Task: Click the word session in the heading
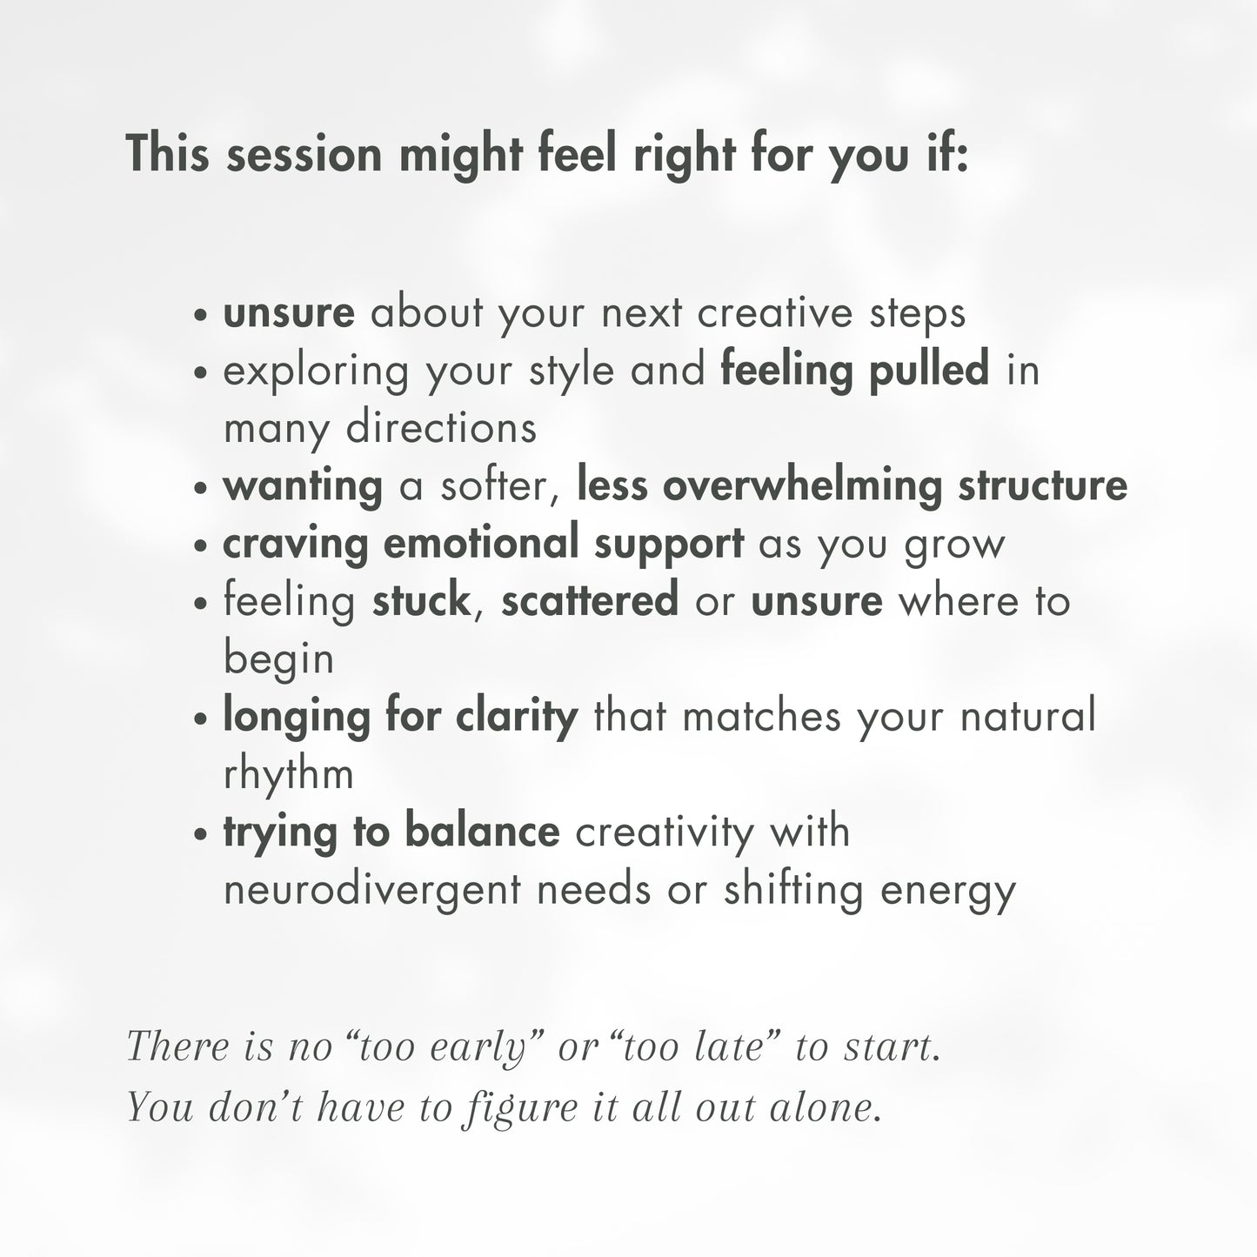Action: click(304, 155)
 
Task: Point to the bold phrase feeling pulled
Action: click(855, 371)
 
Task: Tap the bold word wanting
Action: click(303, 486)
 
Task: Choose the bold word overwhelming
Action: click(802, 486)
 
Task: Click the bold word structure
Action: click(1043, 486)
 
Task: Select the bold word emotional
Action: click(482, 544)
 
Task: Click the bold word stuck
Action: click(421, 601)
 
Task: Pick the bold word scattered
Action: click(590, 601)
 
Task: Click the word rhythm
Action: click(289, 774)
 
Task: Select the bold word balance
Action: click(482, 832)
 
